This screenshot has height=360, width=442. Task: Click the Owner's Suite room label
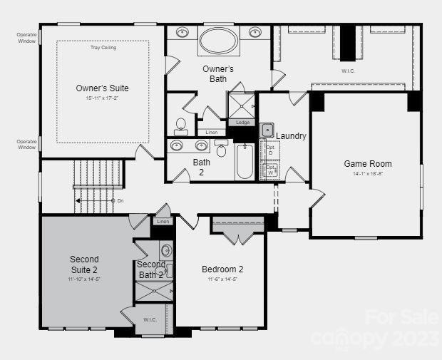coord(102,88)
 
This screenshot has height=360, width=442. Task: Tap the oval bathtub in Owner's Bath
coord(219,41)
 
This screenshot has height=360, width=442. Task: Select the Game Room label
coord(368,164)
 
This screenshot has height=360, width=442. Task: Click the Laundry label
coord(291,135)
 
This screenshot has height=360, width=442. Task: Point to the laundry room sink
coord(267,130)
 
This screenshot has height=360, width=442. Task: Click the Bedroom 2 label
coord(222,269)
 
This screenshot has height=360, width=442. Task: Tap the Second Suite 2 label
coord(84,264)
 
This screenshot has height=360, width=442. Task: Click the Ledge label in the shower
coord(242,122)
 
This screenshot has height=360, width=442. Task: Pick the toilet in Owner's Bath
coord(181,126)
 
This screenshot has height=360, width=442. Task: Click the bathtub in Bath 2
coord(245,160)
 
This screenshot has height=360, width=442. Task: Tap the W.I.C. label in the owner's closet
coord(349,71)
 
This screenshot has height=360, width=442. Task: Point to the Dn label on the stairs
coord(120,201)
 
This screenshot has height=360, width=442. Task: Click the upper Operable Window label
coord(27,38)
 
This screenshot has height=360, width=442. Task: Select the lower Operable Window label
coord(27,144)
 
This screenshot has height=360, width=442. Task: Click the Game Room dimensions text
coord(368,173)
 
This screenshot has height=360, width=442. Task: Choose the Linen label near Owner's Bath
coord(211,133)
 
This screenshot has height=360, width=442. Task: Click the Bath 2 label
coord(202,167)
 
